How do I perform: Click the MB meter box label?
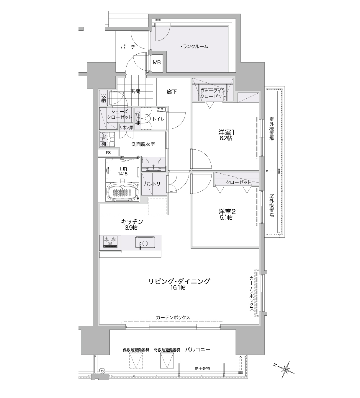pos(156,63)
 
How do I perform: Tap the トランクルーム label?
pos(193,47)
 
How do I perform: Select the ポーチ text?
pos(128,47)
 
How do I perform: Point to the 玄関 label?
pos(135,91)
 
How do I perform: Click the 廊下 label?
pos(171,92)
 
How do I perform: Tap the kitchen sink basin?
pos(145,242)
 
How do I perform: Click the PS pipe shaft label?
pos(108,153)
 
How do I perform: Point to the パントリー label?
pos(154,184)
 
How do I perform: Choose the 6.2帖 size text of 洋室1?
pos(225,138)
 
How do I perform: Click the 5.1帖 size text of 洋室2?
pos(226,217)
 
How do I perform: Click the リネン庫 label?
pos(126,128)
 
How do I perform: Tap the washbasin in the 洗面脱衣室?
pos(153,164)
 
